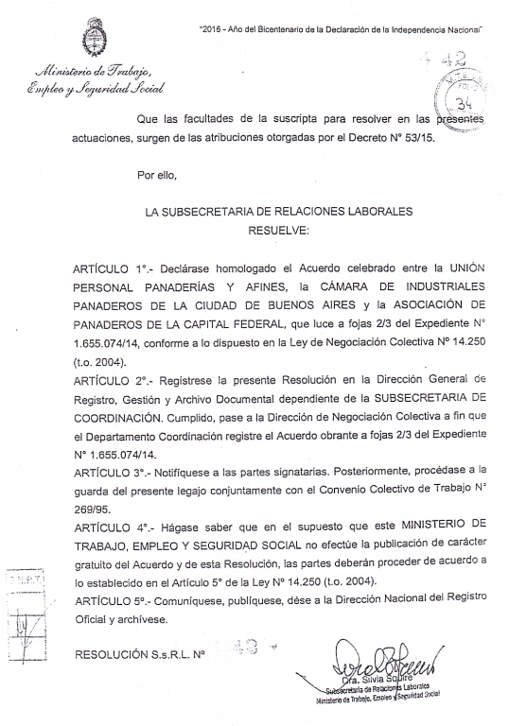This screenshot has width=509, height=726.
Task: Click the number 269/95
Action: (x=92, y=506)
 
